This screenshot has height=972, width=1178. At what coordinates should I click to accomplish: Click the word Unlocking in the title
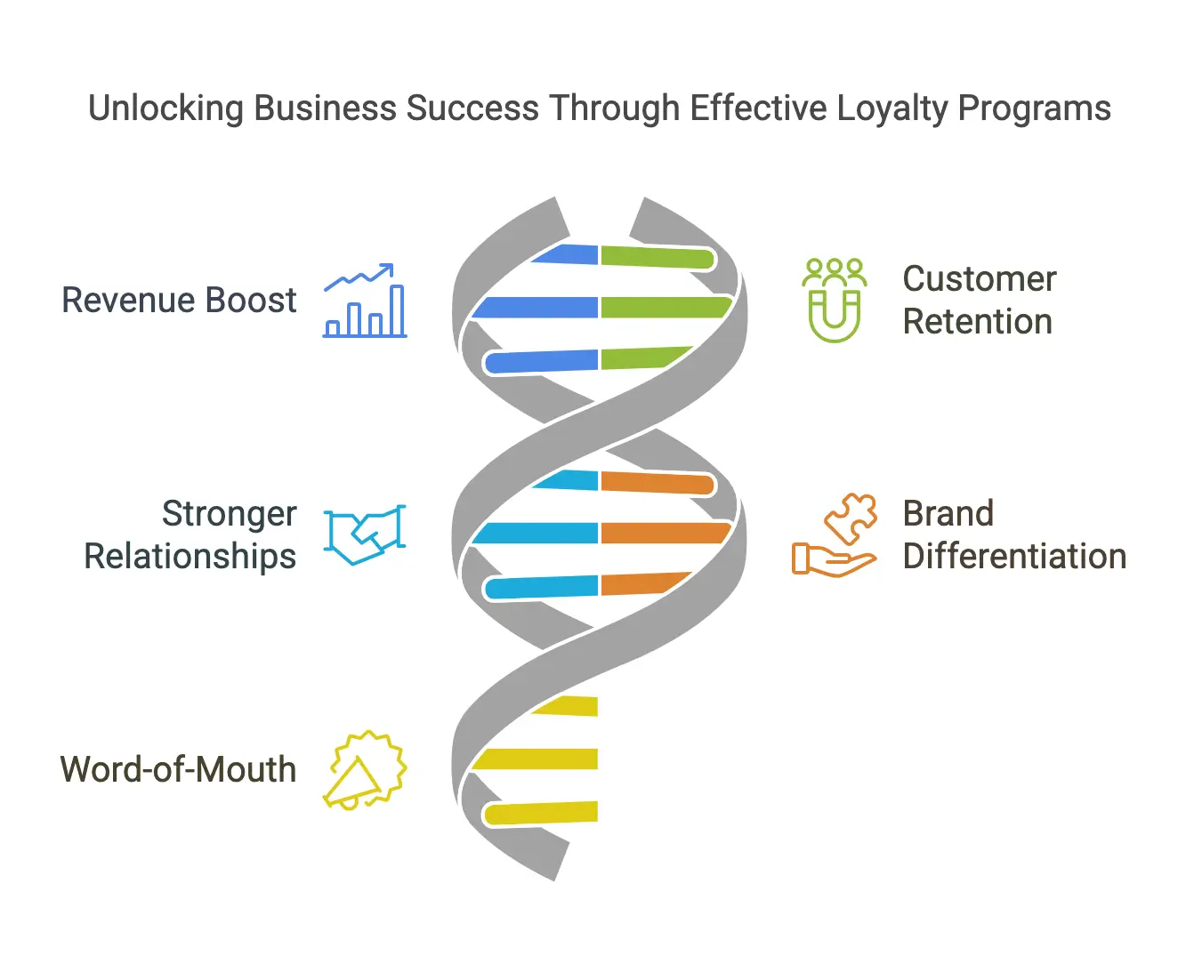click(165, 108)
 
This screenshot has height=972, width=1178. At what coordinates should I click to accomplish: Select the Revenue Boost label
click(179, 300)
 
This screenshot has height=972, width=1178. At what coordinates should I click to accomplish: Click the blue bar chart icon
click(365, 301)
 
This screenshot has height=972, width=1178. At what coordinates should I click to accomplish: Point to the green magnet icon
click(835, 301)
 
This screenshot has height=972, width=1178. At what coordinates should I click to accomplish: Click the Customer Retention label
click(980, 300)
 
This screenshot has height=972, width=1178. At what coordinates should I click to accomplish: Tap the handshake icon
click(365, 534)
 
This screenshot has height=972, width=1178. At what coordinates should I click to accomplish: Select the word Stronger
click(229, 514)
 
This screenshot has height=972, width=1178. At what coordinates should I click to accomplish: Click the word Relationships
click(190, 557)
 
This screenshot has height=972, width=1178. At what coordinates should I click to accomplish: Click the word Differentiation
click(1014, 557)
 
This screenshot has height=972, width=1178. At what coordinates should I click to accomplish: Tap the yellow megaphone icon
click(365, 770)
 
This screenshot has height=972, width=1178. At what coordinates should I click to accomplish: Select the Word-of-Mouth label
click(178, 769)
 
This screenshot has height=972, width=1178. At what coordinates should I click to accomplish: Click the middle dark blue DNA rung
click(535, 308)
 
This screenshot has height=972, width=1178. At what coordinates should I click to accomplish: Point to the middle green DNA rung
click(666, 308)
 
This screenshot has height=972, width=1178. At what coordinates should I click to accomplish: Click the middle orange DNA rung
click(666, 533)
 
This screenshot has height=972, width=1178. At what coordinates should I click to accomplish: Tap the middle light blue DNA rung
click(535, 533)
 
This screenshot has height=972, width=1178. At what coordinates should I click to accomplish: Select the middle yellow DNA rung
click(535, 759)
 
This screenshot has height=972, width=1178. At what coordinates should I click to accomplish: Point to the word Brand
click(948, 514)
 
